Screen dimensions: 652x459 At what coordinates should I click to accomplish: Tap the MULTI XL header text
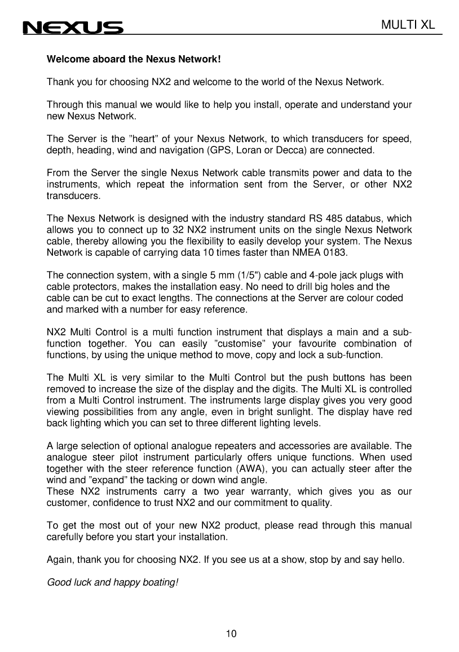[409, 24]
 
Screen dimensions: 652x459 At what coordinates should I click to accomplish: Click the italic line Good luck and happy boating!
[112, 581]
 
